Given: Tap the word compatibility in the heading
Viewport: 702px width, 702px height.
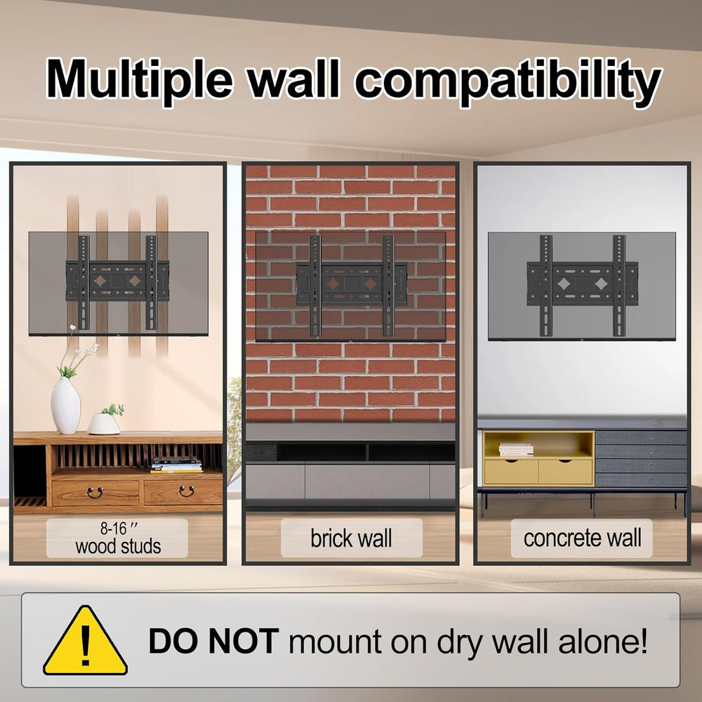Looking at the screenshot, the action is pyautogui.click(x=508, y=82).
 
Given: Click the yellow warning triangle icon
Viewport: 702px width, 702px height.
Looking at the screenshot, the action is pyautogui.click(x=85, y=641).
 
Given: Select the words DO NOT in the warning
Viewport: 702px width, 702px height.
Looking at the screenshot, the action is pyautogui.click(x=213, y=641).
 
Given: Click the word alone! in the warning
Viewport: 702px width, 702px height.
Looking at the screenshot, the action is pyautogui.click(x=602, y=641).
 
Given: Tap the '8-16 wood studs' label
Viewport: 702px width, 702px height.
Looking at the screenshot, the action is pyautogui.click(x=117, y=538).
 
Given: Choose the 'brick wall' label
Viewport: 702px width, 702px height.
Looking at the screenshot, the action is pyautogui.click(x=352, y=538).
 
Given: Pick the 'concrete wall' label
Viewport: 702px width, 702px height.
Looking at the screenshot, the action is pyautogui.click(x=581, y=538).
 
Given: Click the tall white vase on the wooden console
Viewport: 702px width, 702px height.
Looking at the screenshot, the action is pyautogui.click(x=66, y=405).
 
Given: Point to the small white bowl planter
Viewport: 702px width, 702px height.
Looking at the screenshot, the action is pyautogui.click(x=104, y=423).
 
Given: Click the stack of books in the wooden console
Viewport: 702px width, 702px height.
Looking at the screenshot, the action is pyautogui.click(x=176, y=465).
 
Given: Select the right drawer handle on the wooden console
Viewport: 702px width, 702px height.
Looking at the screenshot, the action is pyautogui.click(x=187, y=491).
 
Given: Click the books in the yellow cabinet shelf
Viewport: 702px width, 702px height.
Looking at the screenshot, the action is pyautogui.click(x=516, y=449).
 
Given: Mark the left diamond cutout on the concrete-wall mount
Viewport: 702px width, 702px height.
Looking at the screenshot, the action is pyautogui.click(x=564, y=284).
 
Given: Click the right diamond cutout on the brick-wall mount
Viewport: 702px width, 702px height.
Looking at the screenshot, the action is pyautogui.click(x=370, y=284).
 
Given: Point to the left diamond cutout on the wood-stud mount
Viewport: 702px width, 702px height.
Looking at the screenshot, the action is pyautogui.click(x=100, y=282).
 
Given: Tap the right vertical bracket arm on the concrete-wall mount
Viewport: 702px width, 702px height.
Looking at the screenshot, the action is pyautogui.click(x=619, y=286).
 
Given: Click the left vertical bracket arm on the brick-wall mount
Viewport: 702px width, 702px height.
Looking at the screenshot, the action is pyautogui.click(x=314, y=286).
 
